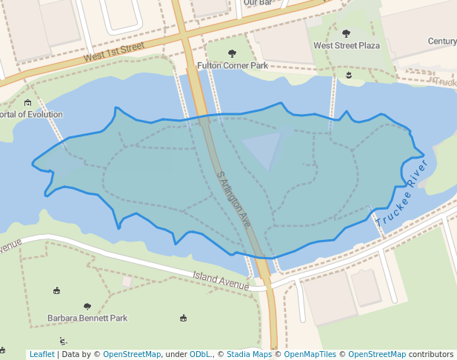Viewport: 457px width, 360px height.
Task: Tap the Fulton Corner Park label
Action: (x=232, y=66)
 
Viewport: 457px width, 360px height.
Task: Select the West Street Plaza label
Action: (x=346, y=45)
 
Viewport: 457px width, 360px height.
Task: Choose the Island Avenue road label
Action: (x=221, y=281)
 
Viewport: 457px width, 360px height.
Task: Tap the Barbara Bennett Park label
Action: (x=87, y=318)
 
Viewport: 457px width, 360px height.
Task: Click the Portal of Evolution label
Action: (x=30, y=115)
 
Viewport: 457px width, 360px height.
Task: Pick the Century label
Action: (x=442, y=41)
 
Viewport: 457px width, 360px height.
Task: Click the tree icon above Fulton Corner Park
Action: (x=232, y=53)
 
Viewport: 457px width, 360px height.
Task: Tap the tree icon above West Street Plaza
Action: (x=346, y=33)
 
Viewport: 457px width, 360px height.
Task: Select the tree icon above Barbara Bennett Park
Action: (x=87, y=306)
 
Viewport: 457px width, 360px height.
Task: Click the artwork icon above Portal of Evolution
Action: (x=27, y=102)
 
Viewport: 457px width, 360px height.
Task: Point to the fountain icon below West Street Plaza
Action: (x=349, y=75)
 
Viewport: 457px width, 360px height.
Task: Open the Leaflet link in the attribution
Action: (x=41, y=355)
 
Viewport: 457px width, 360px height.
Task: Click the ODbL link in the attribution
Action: (x=199, y=355)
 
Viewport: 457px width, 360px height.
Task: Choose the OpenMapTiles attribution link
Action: (x=310, y=355)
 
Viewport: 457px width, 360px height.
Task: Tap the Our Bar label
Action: (x=258, y=3)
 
